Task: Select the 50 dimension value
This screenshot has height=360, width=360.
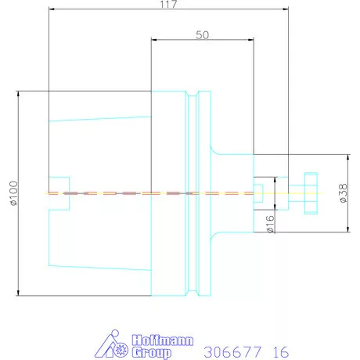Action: (203, 35)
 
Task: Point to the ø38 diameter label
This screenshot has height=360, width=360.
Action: (344, 193)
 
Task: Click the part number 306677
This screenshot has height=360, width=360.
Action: (230, 351)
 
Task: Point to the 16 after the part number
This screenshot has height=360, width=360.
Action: (279, 351)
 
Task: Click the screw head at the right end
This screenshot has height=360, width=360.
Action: (310, 193)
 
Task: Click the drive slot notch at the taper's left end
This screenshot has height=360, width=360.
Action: (60, 193)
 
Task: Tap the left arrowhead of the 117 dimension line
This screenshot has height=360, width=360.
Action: (51, 10)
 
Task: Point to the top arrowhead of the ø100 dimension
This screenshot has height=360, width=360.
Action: (16, 93)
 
